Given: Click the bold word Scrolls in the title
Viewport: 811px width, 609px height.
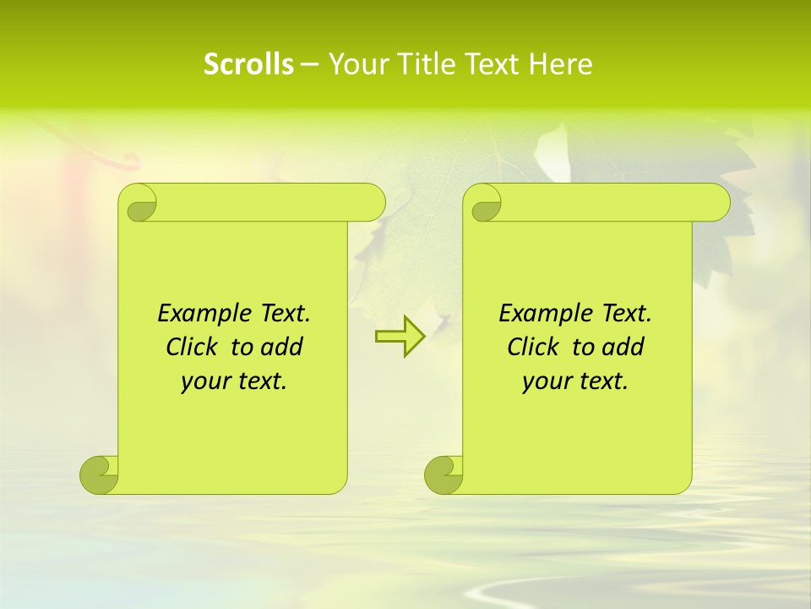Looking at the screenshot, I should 248,64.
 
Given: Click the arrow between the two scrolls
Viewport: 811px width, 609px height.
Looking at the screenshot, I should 400,337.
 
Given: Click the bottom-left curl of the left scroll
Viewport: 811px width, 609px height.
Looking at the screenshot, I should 99,474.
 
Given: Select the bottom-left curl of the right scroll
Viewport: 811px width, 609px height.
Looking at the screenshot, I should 444,474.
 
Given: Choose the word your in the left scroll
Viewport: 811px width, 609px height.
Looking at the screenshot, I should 204,381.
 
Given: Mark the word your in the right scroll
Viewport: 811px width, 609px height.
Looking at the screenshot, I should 545,381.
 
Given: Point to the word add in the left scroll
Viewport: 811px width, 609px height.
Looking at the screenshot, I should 281,347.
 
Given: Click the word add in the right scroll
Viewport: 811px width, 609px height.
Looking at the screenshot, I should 623,347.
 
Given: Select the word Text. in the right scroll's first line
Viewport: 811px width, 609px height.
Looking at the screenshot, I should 626,314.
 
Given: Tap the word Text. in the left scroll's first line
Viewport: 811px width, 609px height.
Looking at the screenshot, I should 285,314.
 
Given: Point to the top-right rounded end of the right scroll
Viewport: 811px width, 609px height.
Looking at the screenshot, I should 714,203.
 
